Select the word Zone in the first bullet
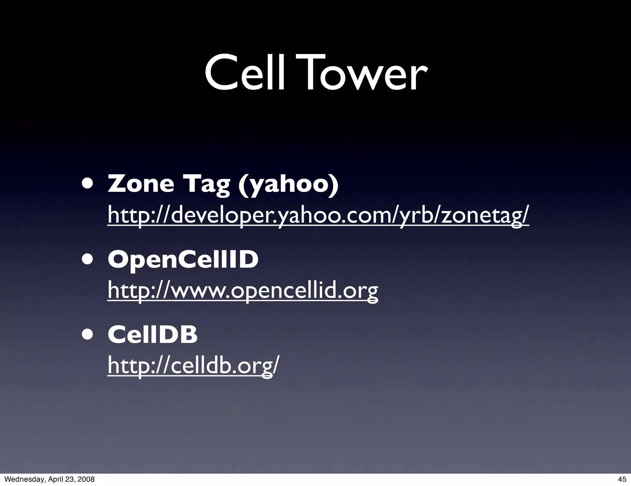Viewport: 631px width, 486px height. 140,184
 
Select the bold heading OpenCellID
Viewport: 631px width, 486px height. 183,260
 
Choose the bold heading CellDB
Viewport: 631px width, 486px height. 153,335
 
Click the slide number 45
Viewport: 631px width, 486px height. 622,479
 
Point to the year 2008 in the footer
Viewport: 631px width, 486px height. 86,479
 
